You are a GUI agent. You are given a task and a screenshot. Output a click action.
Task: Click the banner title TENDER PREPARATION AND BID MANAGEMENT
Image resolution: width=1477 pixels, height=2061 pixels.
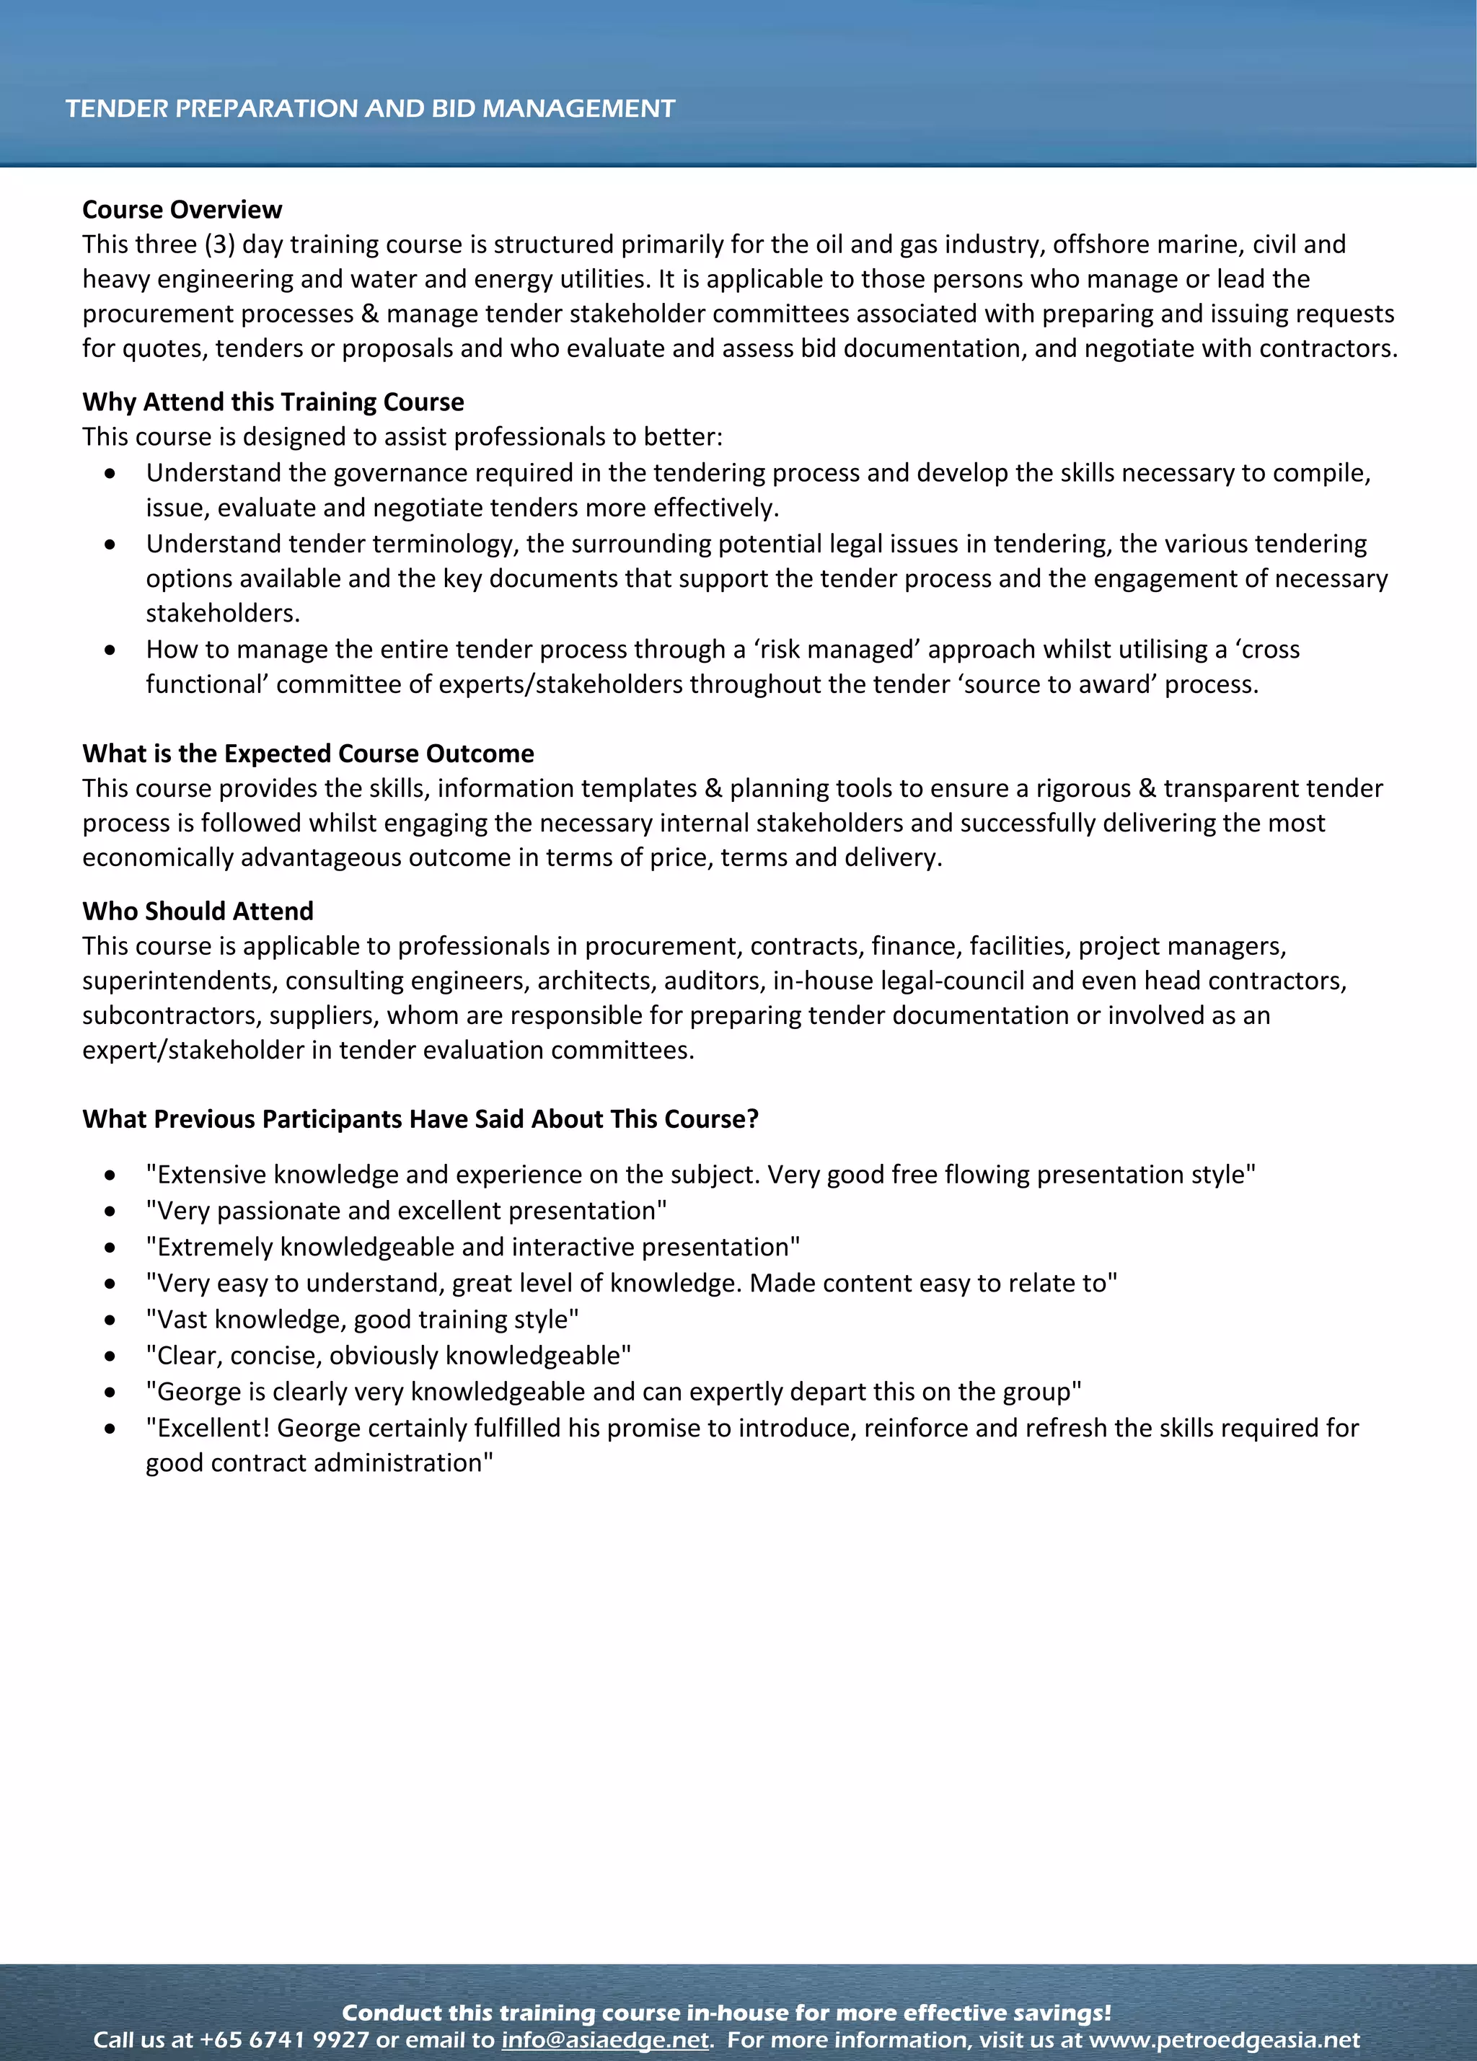[x=370, y=108]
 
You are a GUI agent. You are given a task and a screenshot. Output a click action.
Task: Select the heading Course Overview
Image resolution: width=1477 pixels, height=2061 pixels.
[x=182, y=210]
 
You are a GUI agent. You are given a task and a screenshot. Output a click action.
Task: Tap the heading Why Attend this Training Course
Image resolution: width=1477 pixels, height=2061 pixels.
[x=273, y=402]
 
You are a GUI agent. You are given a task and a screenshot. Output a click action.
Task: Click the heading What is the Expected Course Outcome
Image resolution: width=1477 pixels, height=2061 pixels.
[x=308, y=754]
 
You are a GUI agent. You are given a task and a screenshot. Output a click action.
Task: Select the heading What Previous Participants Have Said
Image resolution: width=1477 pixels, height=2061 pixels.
[x=420, y=1118]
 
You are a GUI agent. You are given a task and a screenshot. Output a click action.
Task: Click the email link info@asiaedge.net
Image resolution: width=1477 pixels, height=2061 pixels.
[x=604, y=2039]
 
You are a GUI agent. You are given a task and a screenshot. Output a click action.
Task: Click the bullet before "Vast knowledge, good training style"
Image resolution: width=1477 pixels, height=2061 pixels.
[x=110, y=1320]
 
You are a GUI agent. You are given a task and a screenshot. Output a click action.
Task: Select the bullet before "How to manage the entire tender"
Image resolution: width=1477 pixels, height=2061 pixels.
[x=110, y=650]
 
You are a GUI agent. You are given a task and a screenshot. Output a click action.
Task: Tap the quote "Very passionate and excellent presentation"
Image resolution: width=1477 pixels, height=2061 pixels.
[x=406, y=1211]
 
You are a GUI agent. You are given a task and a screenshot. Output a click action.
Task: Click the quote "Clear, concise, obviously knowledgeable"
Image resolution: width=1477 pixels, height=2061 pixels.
[x=388, y=1355]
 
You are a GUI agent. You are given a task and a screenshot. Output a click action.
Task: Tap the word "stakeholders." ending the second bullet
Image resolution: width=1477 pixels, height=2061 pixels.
[x=223, y=614]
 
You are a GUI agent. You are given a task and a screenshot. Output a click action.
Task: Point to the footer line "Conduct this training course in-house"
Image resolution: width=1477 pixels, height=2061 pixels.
[x=726, y=2012]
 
